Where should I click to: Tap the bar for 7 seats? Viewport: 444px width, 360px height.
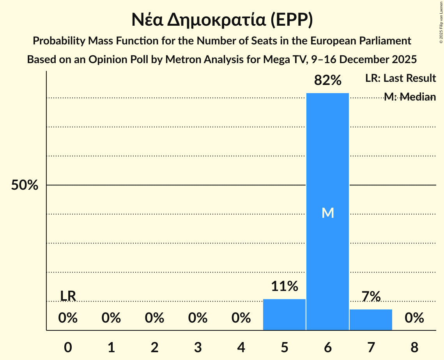coord(371,320)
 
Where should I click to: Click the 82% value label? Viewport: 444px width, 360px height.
coord(328,81)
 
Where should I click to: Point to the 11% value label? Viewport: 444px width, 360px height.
coord(285,287)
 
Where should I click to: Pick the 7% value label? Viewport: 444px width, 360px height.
coord(371,297)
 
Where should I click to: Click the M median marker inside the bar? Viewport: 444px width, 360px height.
coord(328,213)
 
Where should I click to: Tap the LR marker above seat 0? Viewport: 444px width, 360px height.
coord(68,296)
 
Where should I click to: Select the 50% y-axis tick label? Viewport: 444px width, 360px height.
coord(25,185)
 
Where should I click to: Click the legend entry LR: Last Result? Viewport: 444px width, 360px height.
coord(400,78)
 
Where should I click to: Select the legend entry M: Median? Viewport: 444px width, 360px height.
coord(409,97)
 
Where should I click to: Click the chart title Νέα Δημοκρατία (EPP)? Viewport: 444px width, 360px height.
coord(222,20)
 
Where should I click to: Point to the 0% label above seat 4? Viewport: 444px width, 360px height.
coord(241,318)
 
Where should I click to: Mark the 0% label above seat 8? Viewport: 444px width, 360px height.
coord(414,318)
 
